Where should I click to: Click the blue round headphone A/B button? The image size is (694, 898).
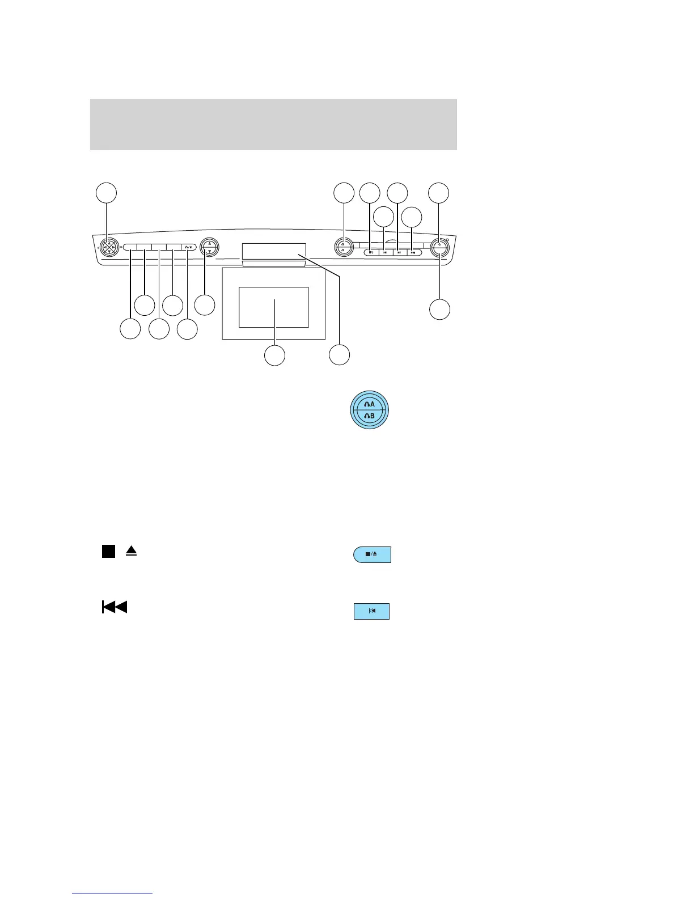[369, 410]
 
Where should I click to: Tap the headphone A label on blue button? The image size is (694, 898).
[369, 404]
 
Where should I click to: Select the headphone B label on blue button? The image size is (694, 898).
[369, 416]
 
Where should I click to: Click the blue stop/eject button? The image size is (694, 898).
[372, 554]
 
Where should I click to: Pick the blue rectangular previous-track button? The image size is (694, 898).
[371, 611]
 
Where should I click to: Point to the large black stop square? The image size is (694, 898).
[108, 550]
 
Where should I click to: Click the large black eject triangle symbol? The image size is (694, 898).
[132, 550]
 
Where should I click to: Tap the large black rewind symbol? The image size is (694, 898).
[114, 607]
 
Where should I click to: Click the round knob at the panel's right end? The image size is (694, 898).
[439, 247]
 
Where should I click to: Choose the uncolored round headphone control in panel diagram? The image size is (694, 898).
[343, 247]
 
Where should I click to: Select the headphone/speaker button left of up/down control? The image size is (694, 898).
[189, 247]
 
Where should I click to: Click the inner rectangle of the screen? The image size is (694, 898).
[274, 307]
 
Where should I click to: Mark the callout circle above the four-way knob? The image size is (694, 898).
[106, 193]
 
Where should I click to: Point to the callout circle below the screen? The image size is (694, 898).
[275, 355]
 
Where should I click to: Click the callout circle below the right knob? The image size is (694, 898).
[439, 310]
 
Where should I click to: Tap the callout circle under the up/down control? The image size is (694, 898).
[205, 304]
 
